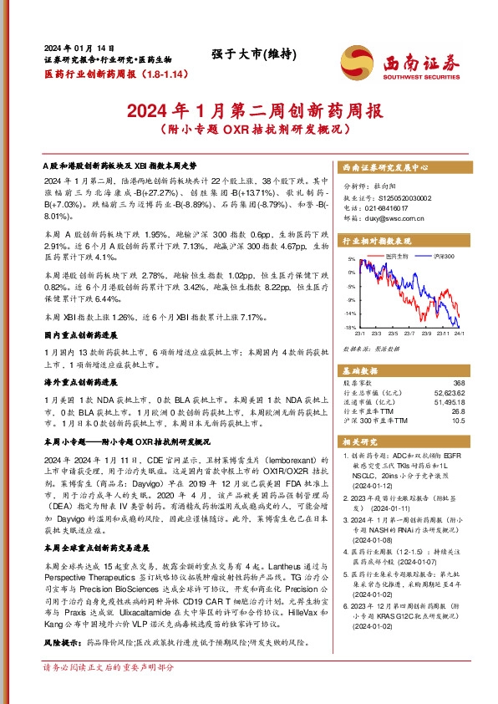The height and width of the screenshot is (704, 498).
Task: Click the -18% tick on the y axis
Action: pos(351,327)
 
